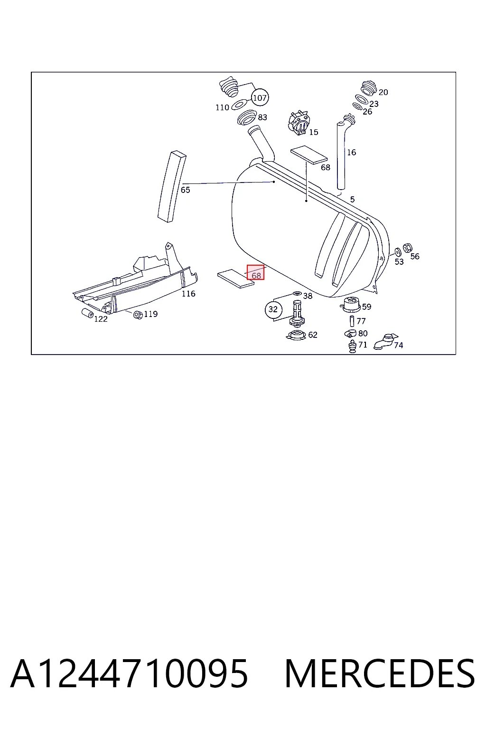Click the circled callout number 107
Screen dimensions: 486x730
click(x=260, y=97)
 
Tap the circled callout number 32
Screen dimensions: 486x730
click(x=273, y=309)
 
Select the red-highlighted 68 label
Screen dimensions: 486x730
click(x=255, y=272)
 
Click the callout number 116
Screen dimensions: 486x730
click(x=188, y=294)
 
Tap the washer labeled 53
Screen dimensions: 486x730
click(x=398, y=252)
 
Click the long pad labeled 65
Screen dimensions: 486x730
click(x=172, y=186)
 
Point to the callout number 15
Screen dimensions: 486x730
click(x=313, y=132)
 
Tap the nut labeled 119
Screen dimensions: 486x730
click(x=138, y=315)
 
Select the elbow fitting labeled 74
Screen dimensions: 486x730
click(x=385, y=341)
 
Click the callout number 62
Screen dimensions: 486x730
click(x=312, y=335)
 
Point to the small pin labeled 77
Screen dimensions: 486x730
click(x=352, y=321)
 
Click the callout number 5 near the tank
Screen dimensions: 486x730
click(x=352, y=200)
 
